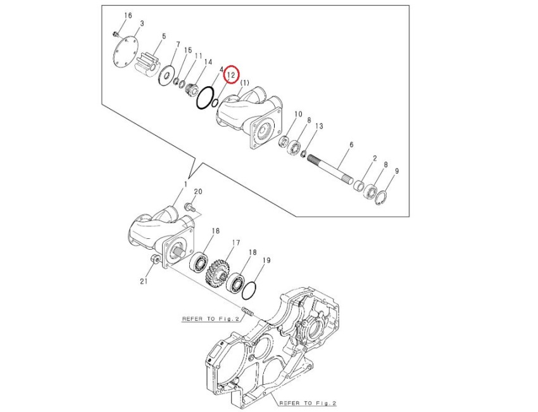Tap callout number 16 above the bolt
128,15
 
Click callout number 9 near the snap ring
396,171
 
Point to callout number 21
143,282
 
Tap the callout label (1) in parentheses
245,82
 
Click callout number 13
319,126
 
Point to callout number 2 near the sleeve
375,158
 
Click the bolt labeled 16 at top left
116,33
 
